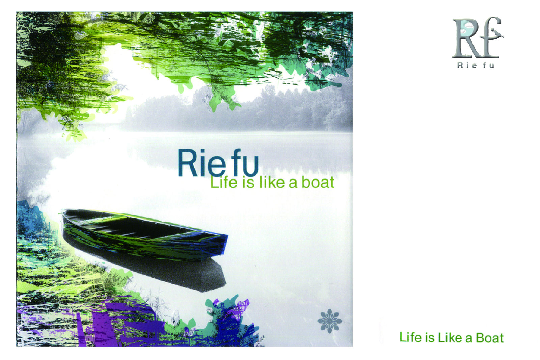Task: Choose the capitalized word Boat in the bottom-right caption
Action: pos(490,338)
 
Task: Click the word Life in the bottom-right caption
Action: pos(410,337)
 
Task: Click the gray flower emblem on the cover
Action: pos(329,321)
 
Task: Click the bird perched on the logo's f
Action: pos(497,33)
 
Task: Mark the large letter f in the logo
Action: pos(488,37)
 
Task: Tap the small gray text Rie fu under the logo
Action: pos(476,65)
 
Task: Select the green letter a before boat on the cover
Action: pos(293,184)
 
